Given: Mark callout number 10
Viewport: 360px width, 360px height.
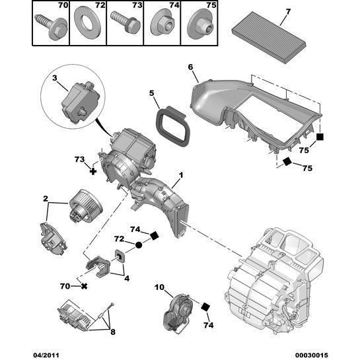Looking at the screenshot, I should pos(159,287).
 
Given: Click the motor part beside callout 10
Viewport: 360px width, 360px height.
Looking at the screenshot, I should pos(177,310).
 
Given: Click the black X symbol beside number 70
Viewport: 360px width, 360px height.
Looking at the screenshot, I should pos(84,287).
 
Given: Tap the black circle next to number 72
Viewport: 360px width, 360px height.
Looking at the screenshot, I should pos(139,245).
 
